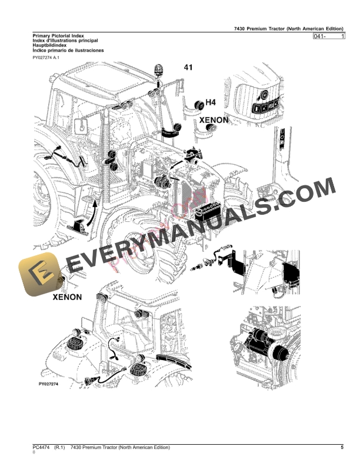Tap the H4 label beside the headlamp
(210, 102)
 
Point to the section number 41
(188, 68)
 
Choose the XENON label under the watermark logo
(68, 297)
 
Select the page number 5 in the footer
(342, 448)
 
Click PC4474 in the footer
(41, 448)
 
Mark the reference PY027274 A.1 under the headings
(47, 58)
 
